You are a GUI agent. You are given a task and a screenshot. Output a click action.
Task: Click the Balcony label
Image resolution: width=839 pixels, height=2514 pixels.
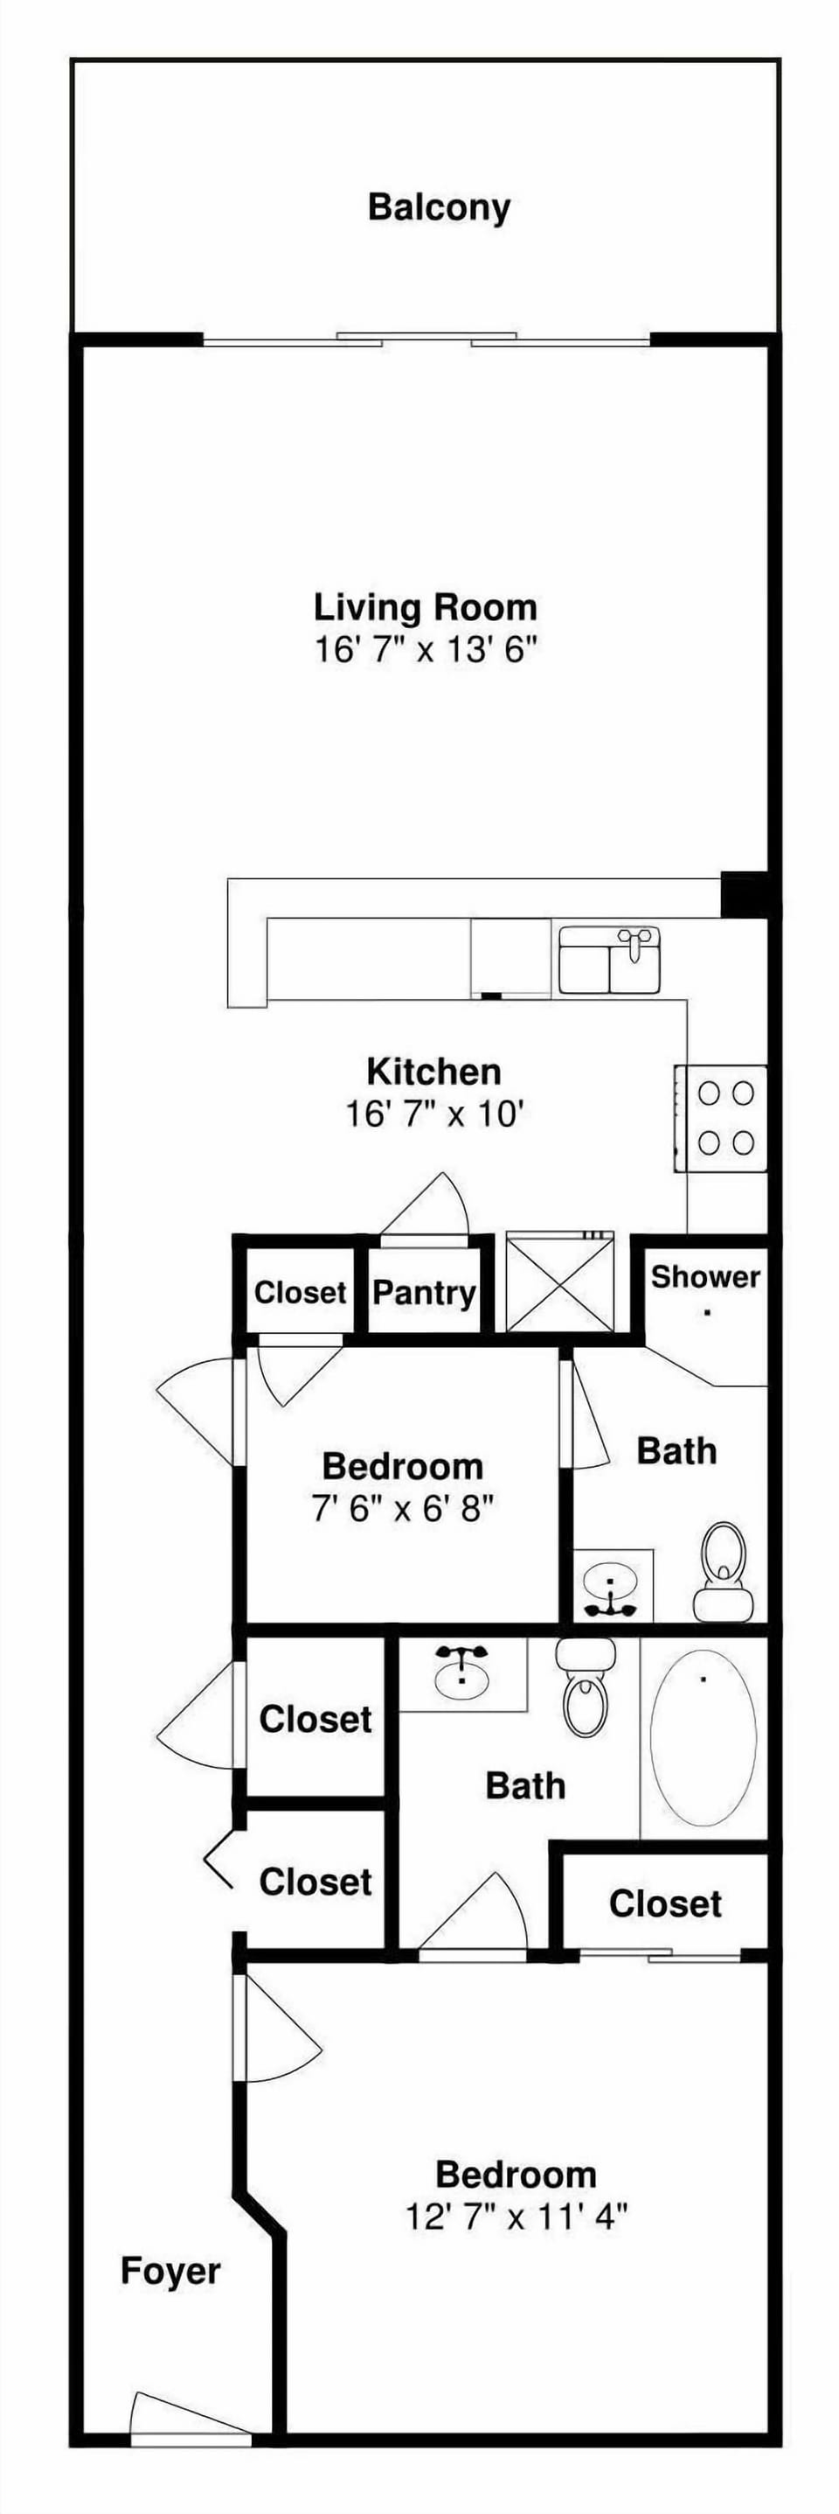pos(439,208)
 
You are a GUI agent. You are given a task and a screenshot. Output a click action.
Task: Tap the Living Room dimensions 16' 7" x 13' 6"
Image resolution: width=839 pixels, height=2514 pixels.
pos(426,649)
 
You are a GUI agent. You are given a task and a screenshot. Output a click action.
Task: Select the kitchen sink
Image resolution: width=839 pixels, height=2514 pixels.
pos(611,960)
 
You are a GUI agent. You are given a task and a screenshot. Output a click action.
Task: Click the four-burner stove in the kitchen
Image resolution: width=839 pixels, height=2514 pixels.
pos(720,1119)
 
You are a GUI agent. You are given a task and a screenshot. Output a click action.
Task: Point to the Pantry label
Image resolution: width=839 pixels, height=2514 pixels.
pos(425,1293)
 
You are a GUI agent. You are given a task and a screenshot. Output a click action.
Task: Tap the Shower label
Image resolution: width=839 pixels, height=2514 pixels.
pos(705,1276)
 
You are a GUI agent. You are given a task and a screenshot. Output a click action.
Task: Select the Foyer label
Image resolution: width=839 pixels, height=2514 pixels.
pos(170,2271)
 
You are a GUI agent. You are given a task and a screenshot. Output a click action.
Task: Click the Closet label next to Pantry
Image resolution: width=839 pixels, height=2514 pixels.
pos(301,1293)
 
